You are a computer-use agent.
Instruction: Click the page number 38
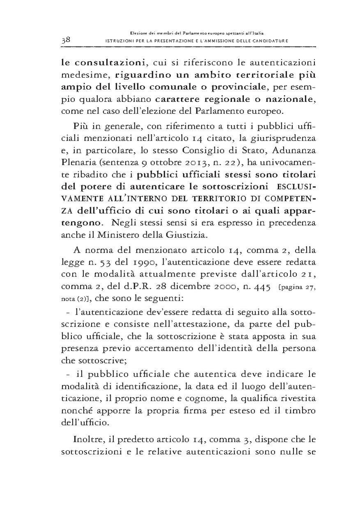click(66, 40)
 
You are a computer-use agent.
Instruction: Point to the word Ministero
click(131, 236)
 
